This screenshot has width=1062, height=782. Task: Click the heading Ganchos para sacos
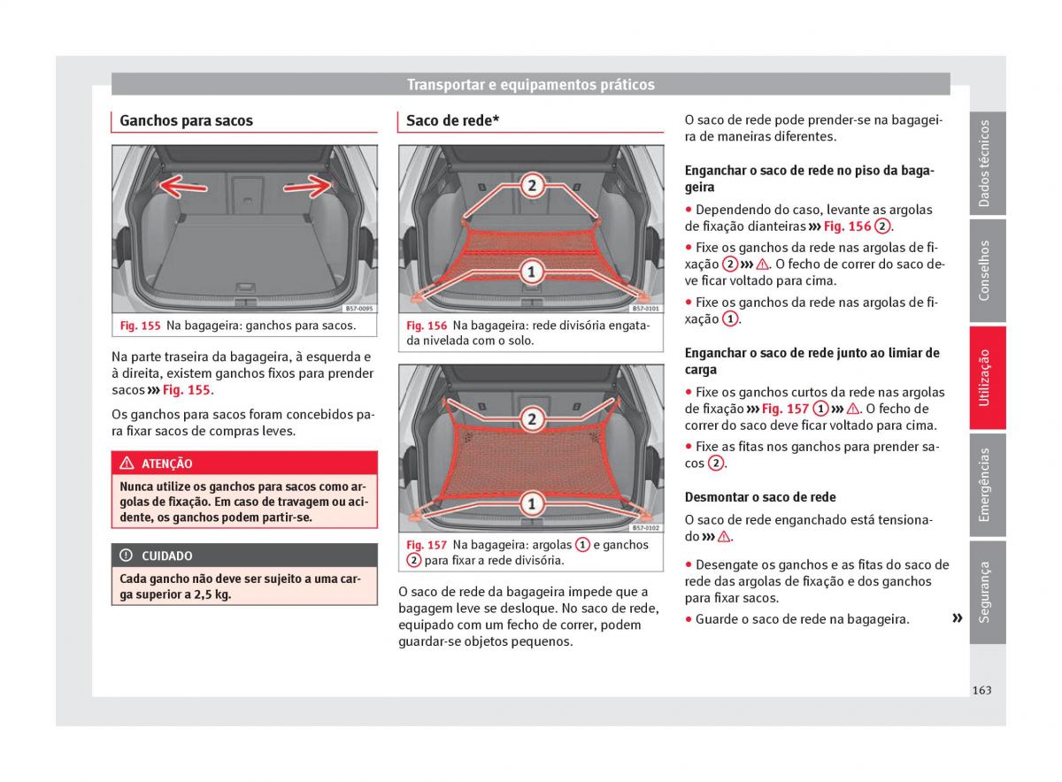186,121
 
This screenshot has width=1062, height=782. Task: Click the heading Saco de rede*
452,121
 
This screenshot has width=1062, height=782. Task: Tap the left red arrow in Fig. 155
183,186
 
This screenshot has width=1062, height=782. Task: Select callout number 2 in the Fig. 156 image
531,185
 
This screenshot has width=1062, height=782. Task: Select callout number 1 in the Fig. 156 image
531,272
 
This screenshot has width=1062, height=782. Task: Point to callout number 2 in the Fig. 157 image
531,418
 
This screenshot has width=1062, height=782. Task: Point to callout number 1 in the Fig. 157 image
531,504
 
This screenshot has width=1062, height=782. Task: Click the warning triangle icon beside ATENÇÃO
127,464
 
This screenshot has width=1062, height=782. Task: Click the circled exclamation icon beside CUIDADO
127,556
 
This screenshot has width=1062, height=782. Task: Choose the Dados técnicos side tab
986,164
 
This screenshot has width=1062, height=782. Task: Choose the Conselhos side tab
986,271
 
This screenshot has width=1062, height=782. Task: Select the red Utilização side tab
986,378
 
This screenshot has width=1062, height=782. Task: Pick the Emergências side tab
986,485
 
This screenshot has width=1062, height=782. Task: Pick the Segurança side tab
986,592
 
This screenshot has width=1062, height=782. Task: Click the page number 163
981,690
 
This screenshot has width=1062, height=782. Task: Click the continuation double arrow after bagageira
956,618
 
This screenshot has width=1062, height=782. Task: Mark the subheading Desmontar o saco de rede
759,497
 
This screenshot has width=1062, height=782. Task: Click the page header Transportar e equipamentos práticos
530,85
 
